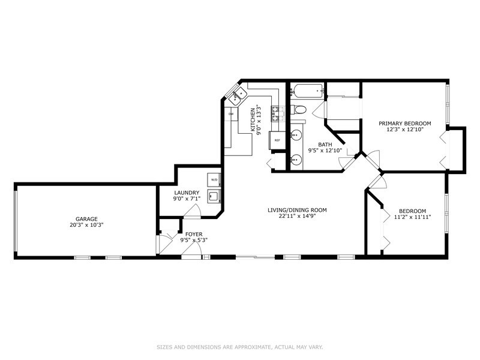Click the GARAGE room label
pos(86,219)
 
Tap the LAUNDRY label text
pos(187,193)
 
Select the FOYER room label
pos(194,235)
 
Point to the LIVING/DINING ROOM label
pos(297,210)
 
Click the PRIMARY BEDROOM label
pos(404,124)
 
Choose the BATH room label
pos(325,145)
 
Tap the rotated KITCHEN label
pos(253,119)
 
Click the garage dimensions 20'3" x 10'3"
pos(86,224)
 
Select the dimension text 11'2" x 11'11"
pos(412,217)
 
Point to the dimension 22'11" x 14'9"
pos(297,216)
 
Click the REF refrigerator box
pos(277,140)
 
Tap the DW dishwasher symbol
pos(231,114)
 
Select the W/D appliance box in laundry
pos(214,179)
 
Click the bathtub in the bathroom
pos(307,91)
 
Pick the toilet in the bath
pos(298,109)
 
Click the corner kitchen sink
pos(238,95)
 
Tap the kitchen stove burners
pos(278,113)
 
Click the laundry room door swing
pos(192,211)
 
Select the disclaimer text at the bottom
pos(240,347)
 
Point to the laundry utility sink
pos(214,196)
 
